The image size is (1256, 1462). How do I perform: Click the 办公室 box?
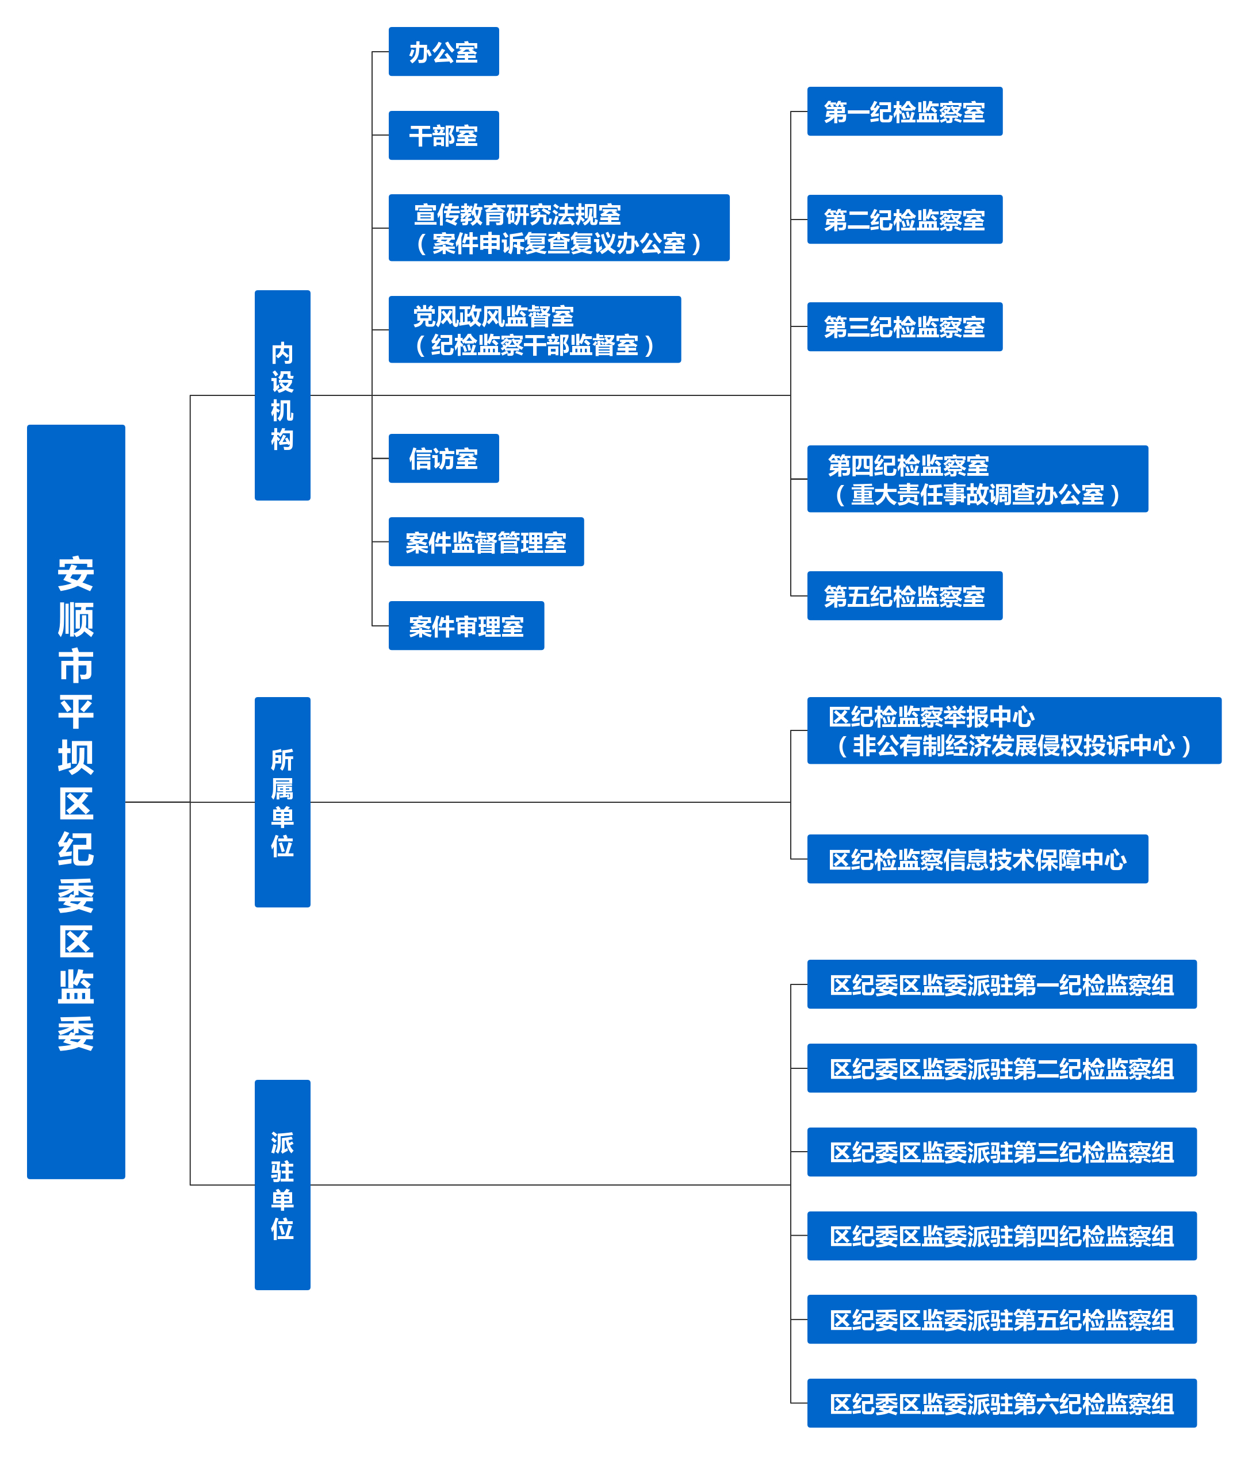coord(443,52)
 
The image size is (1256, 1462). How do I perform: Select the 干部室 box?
coord(443,136)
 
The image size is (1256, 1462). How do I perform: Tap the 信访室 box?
coord(443,459)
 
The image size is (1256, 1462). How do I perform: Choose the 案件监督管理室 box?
coord(487,542)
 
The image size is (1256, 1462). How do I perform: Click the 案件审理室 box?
coord(466,626)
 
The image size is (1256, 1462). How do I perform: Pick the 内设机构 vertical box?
coord(282,395)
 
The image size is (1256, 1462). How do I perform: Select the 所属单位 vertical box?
coord(282,802)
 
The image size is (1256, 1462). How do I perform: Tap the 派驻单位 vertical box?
coord(282,1184)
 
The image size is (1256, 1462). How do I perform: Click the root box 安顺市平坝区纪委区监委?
coord(76,802)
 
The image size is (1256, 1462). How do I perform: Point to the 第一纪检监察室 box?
coord(905,111)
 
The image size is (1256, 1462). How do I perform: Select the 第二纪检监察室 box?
coord(905,220)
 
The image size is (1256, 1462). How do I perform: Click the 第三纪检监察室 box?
coord(905,326)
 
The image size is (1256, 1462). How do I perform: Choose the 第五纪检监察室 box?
coord(905,596)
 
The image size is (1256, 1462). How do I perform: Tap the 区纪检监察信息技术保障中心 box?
coord(978,859)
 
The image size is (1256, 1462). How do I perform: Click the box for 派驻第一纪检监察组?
coord(1002,984)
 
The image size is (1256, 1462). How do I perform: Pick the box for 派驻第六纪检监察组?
coord(1002,1403)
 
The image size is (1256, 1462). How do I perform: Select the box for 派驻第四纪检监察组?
coord(1002,1236)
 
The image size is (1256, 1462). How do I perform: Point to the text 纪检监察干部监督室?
coord(534,345)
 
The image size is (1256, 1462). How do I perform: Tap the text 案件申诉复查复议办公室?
coord(559,244)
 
